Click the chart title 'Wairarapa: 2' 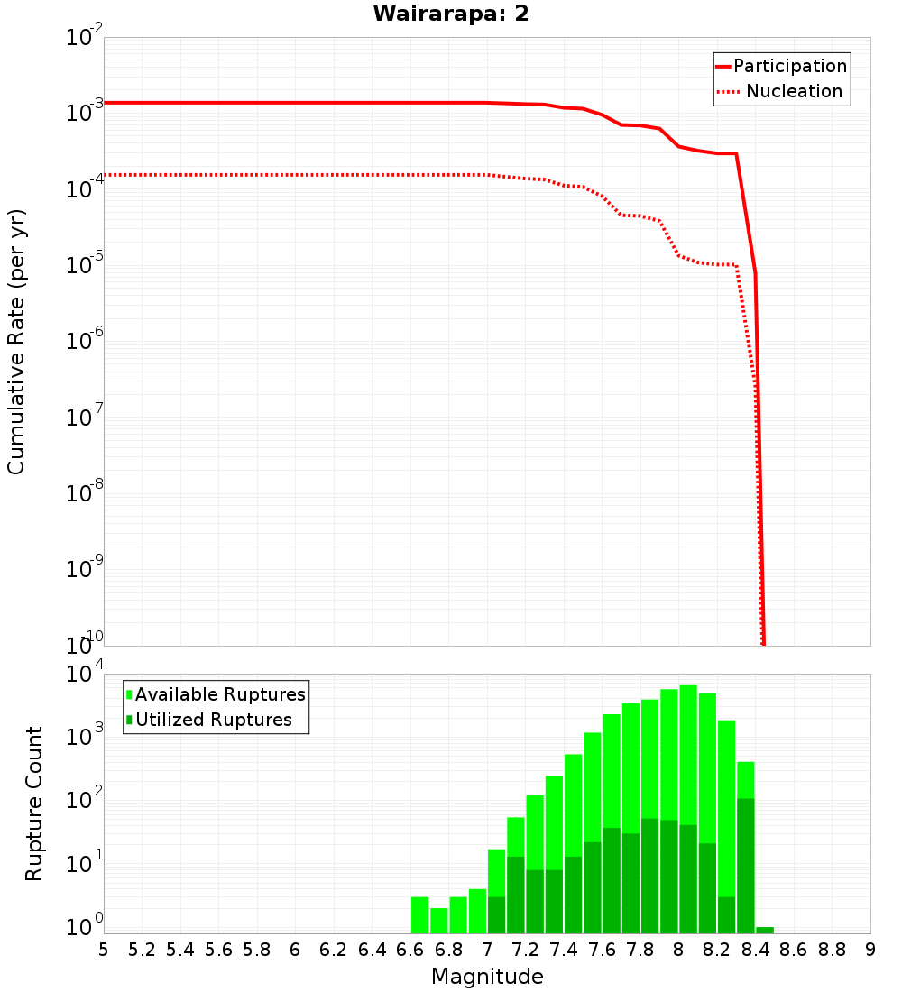click(452, 14)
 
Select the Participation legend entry click(789, 66)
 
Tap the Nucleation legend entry click(793, 91)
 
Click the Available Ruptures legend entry click(220, 694)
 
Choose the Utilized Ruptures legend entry click(213, 720)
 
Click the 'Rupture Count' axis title click(34, 803)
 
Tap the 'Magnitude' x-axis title click(487, 977)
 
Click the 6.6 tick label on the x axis click(410, 950)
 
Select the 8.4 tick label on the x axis click(756, 950)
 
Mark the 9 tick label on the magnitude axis click(870, 950)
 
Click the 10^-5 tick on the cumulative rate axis click(85, 265)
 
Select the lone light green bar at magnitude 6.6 click(419, 914)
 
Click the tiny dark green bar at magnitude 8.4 click(765, 930)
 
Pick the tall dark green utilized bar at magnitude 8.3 click(746, 866)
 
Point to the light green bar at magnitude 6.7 click(439, 920)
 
